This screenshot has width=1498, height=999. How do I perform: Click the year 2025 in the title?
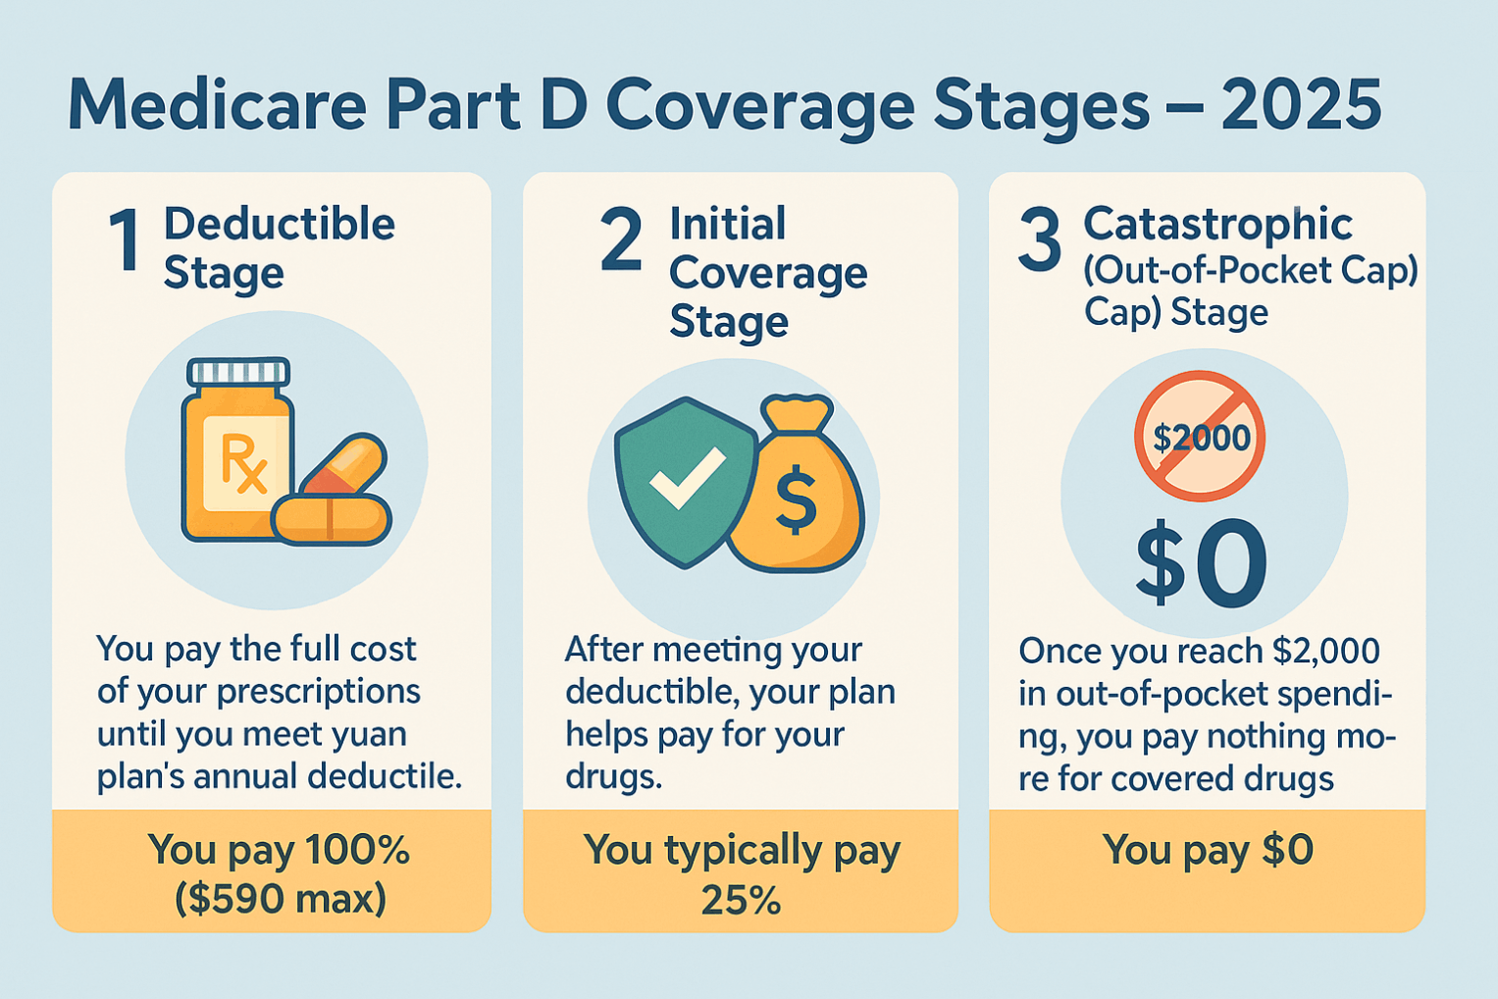pyautogui.click(x=1302, y=105)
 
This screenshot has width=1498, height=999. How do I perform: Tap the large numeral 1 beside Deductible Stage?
pyautogui.click(x=125, y=239)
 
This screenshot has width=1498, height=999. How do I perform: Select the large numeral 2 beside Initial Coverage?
pyautogui.click(x=621, y=239)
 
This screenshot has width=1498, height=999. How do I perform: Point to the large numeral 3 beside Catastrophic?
pyautogui.click(x=1039, y=239)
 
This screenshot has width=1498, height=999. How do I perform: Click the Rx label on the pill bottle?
pyautogui.click(x=243, y=463)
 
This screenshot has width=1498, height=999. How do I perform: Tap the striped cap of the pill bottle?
pyautogui.click(x=238, y=371)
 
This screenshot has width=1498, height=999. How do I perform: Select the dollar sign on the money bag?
pyautogui.click(x=796, y=499)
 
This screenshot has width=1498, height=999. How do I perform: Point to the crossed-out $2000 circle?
pyautogui.click(x=1201, y=437)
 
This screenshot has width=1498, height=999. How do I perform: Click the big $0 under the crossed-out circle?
pyautogui.click(x=1201, y=563)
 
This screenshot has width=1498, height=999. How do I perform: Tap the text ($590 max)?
pyautogui.click(x=281, y=898)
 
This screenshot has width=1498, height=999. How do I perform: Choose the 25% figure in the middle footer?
pyautogui.click(x=741, y=900)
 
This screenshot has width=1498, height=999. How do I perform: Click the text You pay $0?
pyautogui.click(x=1209, y=851)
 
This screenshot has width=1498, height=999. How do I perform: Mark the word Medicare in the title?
pyautogui.click(x=218, y=105)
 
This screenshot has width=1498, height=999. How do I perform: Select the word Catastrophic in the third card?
pyautogui.click(x=1217, y=224)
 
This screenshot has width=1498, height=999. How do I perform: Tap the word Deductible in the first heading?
pyautogui.click(x=280, y=224)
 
